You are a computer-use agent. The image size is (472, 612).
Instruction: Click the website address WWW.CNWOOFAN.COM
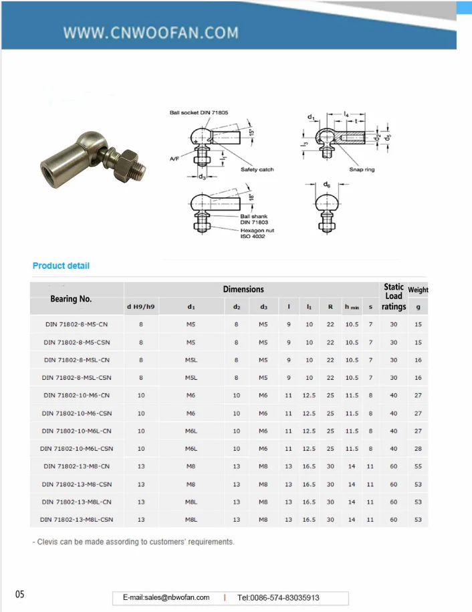[x=150, y=32]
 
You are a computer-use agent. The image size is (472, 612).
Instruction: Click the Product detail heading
[x=61, y=266]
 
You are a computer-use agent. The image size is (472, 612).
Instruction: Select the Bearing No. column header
[x=71, y=299]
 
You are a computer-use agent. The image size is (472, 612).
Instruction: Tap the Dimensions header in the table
[x=243, y=289]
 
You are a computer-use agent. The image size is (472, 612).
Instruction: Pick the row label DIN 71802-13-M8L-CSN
[x=76, y=519]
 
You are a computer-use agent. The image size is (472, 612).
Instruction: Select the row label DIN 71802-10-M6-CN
[x=77, y=395]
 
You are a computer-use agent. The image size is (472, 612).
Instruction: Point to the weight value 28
[x=418, y=448]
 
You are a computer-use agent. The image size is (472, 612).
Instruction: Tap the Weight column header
[x=418, y=290]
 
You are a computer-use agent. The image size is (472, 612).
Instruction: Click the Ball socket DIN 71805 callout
[x=199, y=113]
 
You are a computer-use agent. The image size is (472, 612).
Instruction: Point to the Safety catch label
[x=257, y=170]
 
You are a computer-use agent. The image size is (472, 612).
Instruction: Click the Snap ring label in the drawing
[x=362, y=170]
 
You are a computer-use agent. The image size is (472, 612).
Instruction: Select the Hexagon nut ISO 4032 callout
[x=257, y=233]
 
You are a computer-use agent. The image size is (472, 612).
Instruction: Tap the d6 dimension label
[x=326, y=184]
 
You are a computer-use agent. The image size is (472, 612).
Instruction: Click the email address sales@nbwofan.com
[x=166, y=597]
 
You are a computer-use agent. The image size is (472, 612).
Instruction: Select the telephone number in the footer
[x=278, y=597]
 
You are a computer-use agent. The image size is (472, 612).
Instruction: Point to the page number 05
[x=20, y=595]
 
